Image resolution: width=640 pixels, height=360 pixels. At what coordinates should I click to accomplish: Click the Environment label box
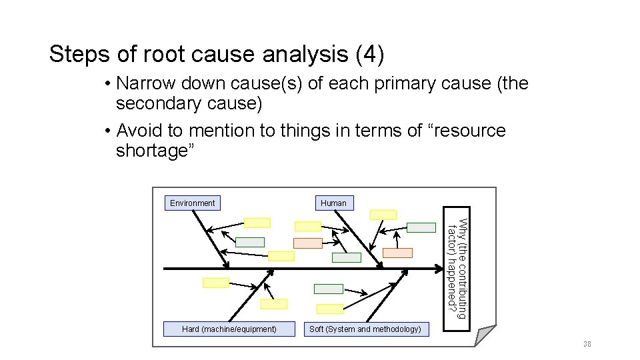(x=193, y=203)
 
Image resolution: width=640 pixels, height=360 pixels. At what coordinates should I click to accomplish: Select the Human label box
(x=333, y=203)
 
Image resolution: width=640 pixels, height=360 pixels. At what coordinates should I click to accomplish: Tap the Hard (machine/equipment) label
(x=229, y=329)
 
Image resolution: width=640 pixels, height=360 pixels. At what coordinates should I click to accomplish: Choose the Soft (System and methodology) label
(x=365, y=329)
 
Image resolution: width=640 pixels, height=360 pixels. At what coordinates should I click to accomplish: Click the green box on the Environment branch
(x=250, y=242)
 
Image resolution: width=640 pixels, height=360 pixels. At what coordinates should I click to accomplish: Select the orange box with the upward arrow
(x=308, y=243)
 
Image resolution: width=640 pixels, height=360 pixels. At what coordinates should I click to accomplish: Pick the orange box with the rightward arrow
(x=398, y=253)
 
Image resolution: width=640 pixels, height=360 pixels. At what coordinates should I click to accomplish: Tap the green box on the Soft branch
(x=329, y=289)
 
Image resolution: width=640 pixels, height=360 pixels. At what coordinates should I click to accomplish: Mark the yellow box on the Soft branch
(x=330, y=309)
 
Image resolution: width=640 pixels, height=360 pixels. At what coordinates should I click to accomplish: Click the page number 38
(x=587, y=344)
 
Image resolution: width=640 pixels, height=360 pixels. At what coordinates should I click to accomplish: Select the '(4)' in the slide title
(x=370, y=55)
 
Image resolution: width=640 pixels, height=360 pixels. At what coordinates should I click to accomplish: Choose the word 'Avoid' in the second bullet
(x=139, y=131)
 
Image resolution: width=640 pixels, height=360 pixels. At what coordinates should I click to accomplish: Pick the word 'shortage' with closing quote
(x=155, y=151)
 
